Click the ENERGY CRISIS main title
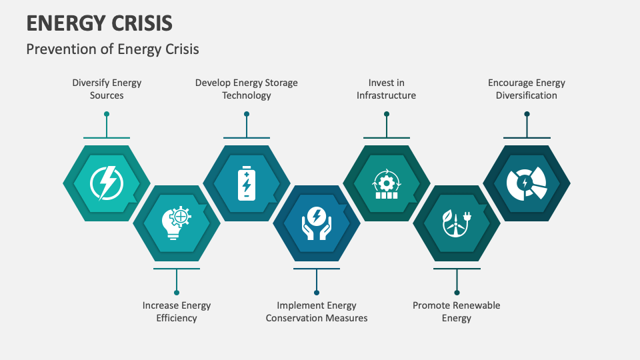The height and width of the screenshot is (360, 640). (99, 23)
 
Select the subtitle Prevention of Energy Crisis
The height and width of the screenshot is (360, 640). (113, 49)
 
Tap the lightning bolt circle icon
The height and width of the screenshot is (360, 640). (107, 183)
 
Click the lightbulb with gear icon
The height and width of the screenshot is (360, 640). (177, 223)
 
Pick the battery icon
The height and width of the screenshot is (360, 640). (247, 183)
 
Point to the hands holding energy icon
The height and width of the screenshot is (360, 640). (317, 223)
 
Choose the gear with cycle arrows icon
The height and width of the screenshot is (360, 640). (387, 184)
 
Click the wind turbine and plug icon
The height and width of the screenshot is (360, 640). (457, 223)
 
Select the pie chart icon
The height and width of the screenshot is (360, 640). (527, 183)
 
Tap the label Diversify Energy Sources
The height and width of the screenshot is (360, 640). (107, 89)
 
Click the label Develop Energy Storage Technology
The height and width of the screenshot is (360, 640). (247, 89)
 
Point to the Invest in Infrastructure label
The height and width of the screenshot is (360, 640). (387, 89)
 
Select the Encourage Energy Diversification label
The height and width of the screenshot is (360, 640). (527, 89)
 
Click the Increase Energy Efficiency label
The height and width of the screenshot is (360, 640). (177, 311)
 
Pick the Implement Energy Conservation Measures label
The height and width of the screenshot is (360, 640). (317, 311)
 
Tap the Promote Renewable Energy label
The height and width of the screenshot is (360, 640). (456, 311)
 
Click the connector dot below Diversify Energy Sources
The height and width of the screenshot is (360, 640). (107, 114)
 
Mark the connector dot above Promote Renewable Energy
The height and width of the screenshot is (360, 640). (457, 293)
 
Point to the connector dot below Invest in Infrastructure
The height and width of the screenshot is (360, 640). (387, 114)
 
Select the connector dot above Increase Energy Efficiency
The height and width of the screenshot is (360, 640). (177, 293)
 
